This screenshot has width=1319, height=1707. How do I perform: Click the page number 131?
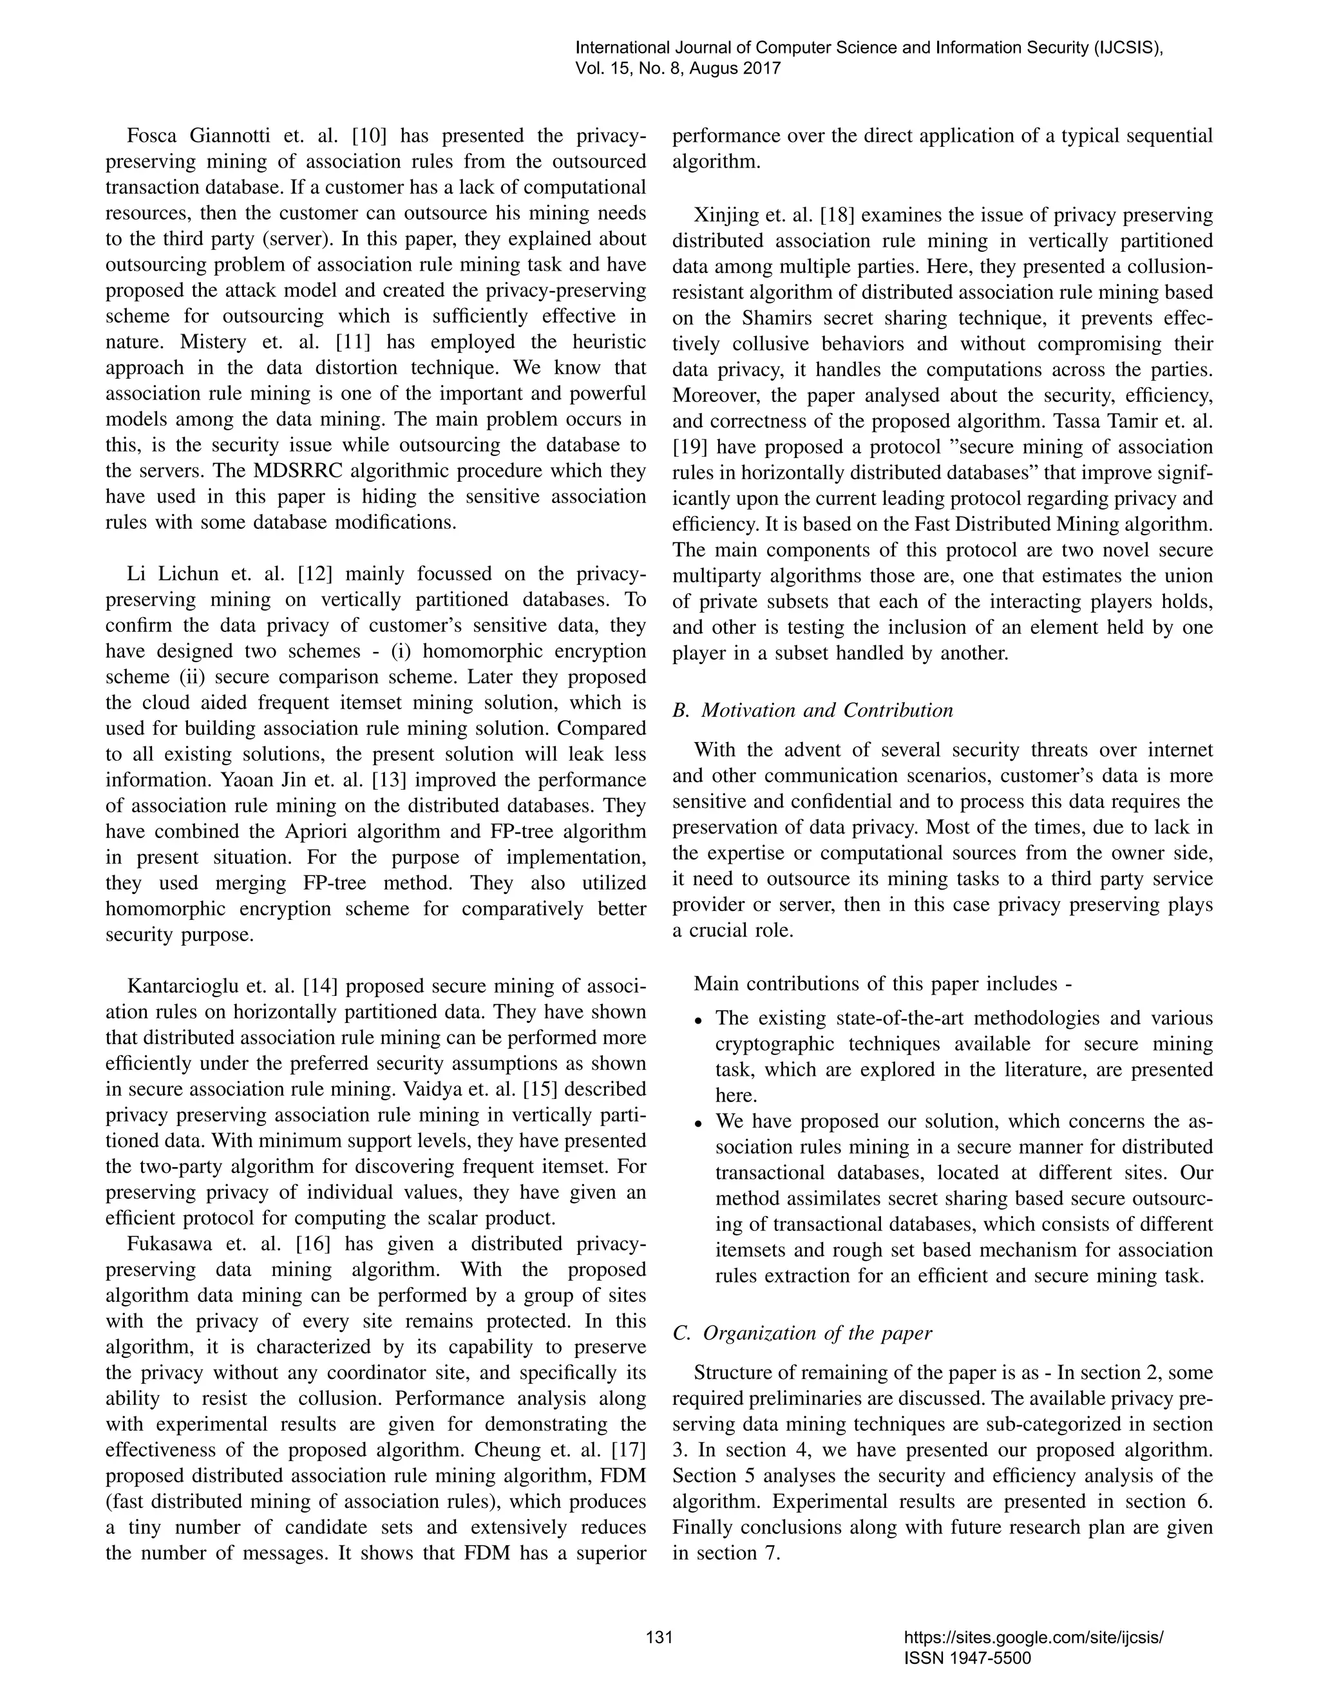659,1637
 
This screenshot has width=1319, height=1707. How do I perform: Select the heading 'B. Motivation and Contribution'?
813,710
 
